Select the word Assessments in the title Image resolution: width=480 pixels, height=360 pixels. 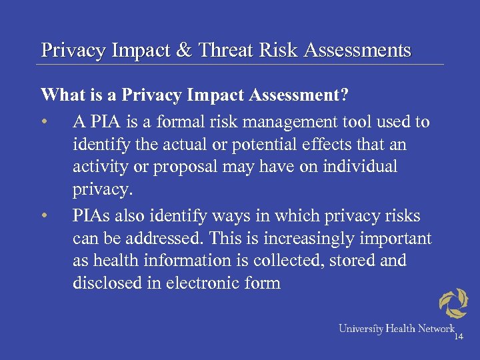[x=357, y=50]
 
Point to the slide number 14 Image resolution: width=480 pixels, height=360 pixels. [x=458, y=337]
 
